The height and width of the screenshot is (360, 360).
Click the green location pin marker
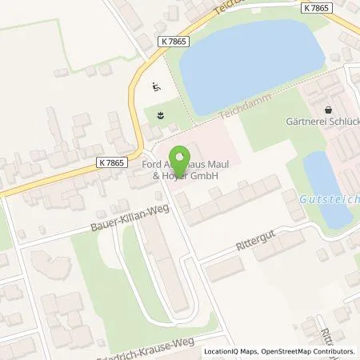(178, 159)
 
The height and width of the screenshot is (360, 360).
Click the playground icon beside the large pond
(156, 88)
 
